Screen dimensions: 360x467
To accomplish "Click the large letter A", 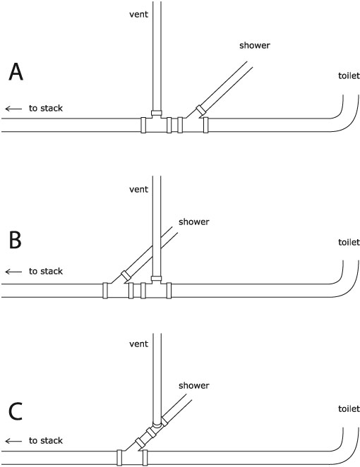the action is coord(16,72).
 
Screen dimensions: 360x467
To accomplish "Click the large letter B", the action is coord(16,240).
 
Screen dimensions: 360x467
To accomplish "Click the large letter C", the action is coord(16,411).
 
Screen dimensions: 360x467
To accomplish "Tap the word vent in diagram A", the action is coord(138,14).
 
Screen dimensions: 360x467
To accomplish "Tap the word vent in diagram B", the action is coord(138,190).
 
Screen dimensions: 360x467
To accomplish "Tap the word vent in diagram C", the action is coord(138,344).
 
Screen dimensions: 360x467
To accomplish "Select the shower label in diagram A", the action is coord(255,45).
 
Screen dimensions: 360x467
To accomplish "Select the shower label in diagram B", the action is coord(194,222).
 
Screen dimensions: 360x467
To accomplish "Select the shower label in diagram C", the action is coord(194,385).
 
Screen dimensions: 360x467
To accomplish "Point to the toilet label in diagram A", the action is coord(349,75).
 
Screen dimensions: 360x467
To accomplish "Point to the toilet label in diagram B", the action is coord(349,242).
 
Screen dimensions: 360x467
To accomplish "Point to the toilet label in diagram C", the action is coord(349,408).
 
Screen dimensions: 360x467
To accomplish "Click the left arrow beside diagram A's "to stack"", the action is coord(13,109).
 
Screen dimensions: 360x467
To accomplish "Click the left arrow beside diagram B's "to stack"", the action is coord(13,272).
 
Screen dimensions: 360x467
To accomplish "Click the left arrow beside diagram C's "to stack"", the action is coord(13,441).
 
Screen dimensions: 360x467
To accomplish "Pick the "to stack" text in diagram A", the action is coord(46,108).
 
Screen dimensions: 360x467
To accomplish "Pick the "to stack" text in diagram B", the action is coord(46,271).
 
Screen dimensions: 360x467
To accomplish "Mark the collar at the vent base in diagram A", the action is coord(157,113).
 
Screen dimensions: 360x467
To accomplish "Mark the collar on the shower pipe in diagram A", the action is coord(201,111).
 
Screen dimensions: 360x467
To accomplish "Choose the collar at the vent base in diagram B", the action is coord(157,279).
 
